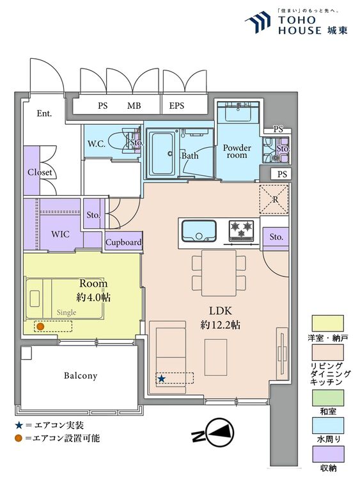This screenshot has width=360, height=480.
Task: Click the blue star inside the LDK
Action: click(x=161, y=379)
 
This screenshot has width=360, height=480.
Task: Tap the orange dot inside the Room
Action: click(x=40, y=326)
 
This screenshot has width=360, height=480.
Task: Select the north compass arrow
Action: click(x=219, y=432)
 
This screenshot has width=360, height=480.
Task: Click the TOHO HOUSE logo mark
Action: click(x=258, y=22)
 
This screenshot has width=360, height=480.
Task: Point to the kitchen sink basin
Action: click(x=199, y=231)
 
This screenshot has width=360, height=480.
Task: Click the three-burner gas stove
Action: click(x=241, y=230)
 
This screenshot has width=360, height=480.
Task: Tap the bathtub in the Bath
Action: click(x=162, y=152)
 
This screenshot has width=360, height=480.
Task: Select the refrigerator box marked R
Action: click(x=274, y=199)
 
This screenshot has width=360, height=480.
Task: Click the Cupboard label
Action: click(x=123, y=243)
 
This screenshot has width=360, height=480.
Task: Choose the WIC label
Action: click(x=60, y=234)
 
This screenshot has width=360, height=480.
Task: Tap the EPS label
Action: click(x=176, y=106)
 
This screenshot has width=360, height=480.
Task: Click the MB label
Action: click(x=134, y=106)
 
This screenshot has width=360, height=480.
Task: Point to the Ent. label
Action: click(x=44, y=113)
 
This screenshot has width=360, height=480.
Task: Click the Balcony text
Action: click(x=81, y=376)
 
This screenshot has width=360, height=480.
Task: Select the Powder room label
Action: click(x=237, y=151)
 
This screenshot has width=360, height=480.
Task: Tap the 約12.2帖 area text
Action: click(x=220, y=324)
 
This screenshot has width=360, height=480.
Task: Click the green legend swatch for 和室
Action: click(x=327, y=397)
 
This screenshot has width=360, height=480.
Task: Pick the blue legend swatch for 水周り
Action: click(x=327, y=426)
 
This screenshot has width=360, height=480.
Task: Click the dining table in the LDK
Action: click(x=219, y=273)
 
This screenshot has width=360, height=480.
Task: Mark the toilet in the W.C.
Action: click(x=126, y=143)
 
